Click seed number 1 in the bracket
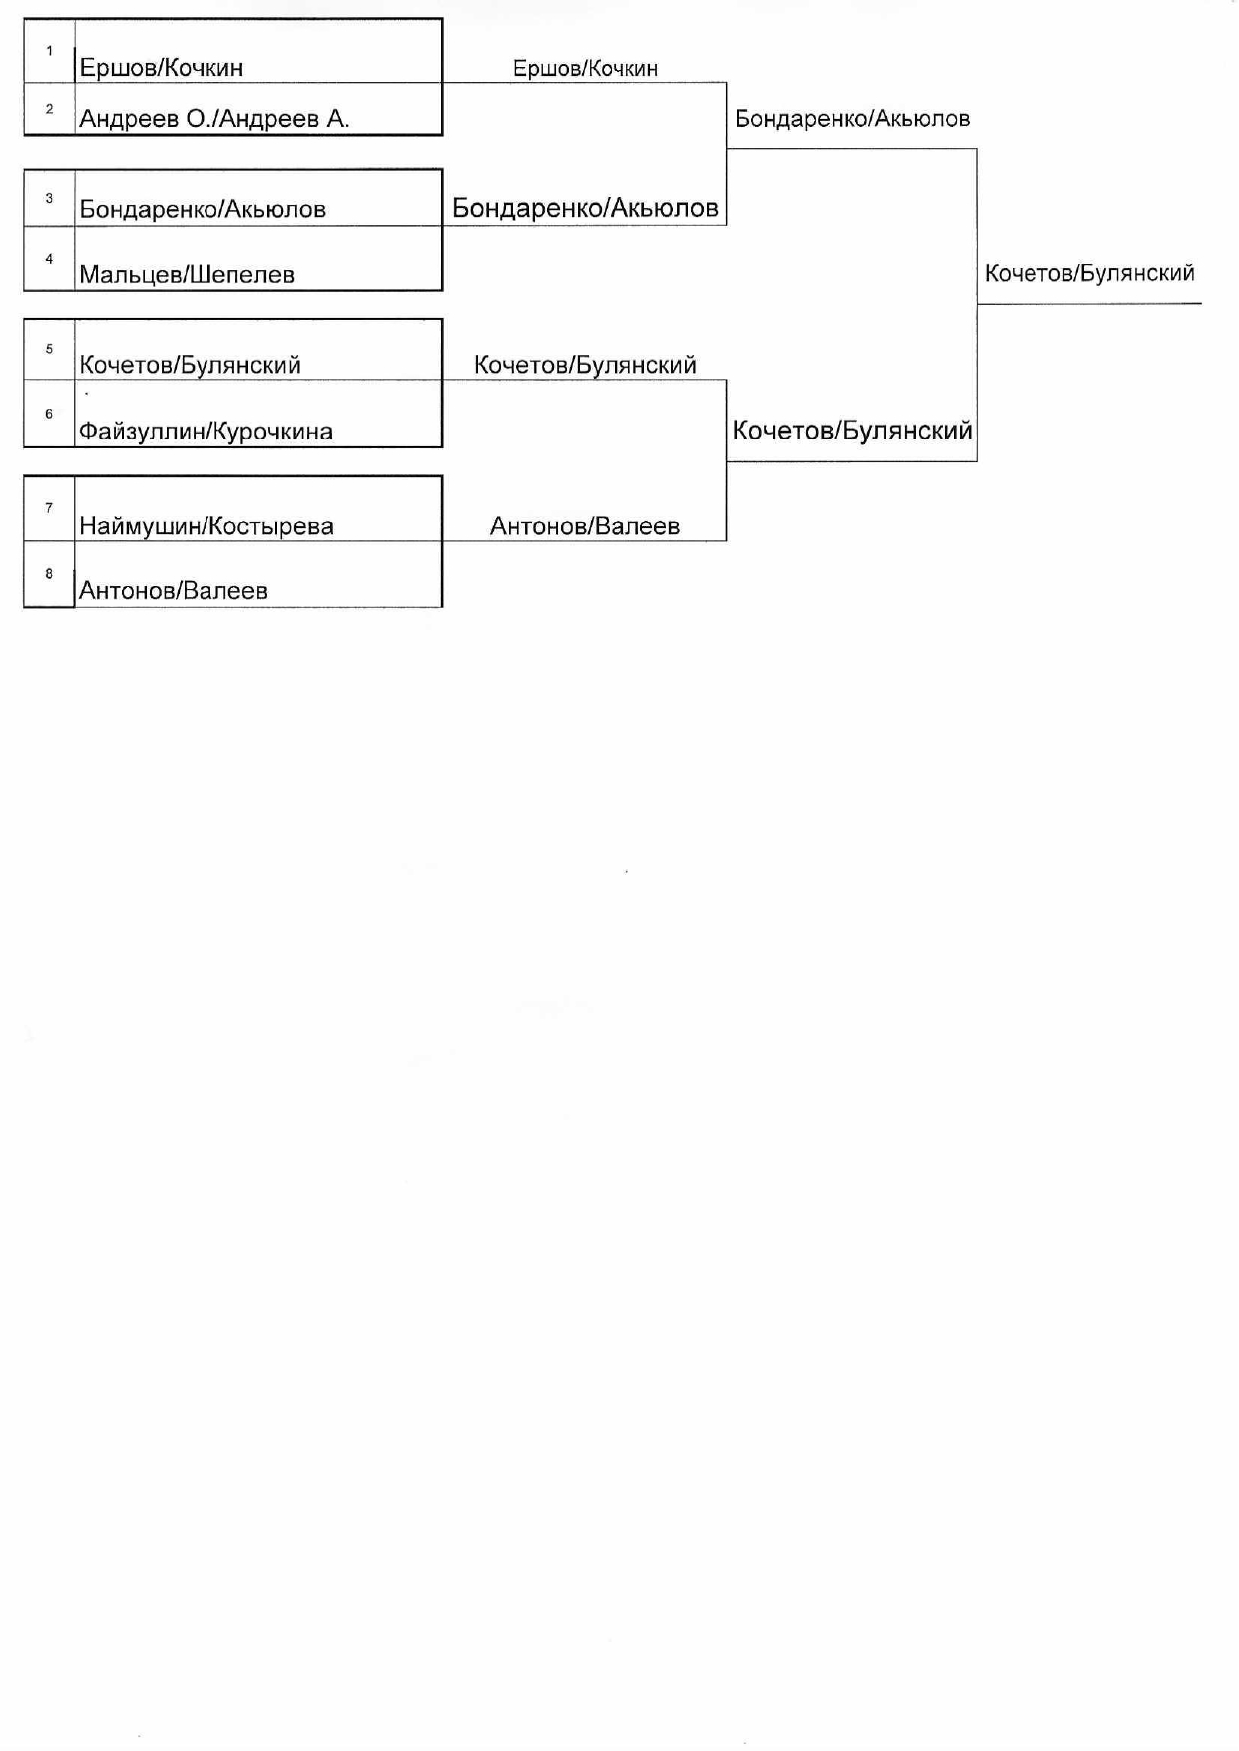click(x=49, y=51)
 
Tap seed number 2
click(x=49, y=109)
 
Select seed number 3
click(x=49, y=198)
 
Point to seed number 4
click(x=49, y=259)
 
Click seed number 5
click(x=49, y=349)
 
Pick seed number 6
click(x=49, y=414)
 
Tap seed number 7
click(x=49, y=508)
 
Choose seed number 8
click(x=49, y=574)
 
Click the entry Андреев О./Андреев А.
click(x=213, y=119)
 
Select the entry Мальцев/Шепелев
click(x=187, y=274)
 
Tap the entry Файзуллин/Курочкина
click(x=206, y=431)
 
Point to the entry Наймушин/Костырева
click(x=206, y=526)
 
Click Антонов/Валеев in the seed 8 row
click(x=174, y=590)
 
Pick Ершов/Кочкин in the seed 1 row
click(x=162, y=68)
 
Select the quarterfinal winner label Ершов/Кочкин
click(x=585, y=68)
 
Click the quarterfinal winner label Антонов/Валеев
click(x=585, y=526)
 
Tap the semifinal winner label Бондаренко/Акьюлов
click(x=852, y=119)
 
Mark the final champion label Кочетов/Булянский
click(x=1089, y=273)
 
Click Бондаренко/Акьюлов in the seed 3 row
click(x=203, y=209)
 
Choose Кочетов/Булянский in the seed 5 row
click(x=190, y=365)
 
